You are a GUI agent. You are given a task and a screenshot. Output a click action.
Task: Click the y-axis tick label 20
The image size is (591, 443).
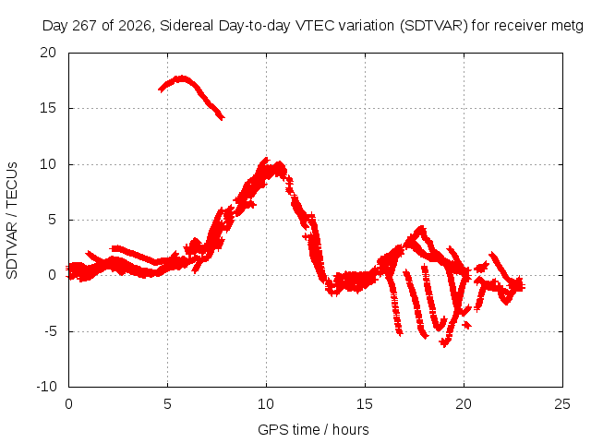48,53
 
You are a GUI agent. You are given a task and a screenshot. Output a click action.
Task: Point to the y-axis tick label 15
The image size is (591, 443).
48,108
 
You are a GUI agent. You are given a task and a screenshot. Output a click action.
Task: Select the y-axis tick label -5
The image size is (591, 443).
50,331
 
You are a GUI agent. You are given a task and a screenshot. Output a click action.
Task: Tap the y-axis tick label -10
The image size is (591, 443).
46,387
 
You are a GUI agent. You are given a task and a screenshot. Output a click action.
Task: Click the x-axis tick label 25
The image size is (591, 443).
562,404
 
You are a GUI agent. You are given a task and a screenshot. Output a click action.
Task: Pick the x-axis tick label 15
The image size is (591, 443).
365,404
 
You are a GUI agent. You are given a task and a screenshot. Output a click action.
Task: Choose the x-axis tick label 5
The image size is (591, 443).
167,404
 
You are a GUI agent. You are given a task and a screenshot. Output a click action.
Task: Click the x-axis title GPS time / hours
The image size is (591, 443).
313,429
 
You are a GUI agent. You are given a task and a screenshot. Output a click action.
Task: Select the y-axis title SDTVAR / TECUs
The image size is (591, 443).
12,221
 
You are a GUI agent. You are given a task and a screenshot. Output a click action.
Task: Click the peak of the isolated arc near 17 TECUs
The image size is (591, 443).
183,78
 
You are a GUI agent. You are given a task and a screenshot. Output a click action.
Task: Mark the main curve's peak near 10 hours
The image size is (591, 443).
265,160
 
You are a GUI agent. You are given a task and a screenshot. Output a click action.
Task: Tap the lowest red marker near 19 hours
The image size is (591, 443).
444,343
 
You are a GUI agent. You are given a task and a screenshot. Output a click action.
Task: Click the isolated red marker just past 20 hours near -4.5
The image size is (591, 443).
467,324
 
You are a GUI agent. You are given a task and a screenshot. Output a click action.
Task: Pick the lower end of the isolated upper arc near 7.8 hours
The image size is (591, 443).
222,118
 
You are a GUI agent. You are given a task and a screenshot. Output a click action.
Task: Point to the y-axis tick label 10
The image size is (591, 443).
48,164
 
